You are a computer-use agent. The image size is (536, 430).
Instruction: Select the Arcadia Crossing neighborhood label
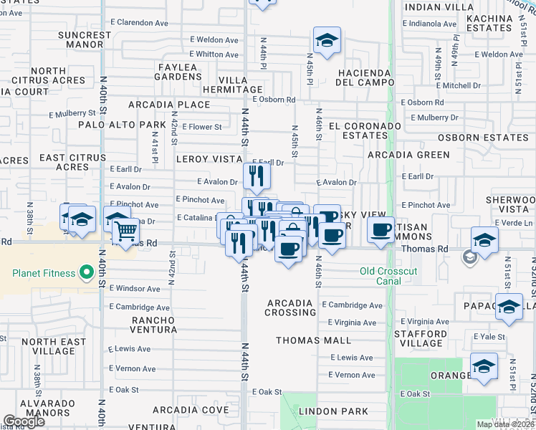[x=290, y=307]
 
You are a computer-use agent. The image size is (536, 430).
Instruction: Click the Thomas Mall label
[x=313, y=340]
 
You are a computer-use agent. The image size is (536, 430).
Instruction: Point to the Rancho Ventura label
[x=153, y=325]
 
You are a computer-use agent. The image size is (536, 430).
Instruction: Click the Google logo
[x=24, y=421]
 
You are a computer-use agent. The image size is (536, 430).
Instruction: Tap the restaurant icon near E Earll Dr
[x=256, y=176]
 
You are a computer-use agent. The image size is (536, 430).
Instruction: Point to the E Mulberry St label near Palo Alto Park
[x=72, y=113]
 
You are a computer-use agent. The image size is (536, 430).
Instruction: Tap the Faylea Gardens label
[x=177, y=72]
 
